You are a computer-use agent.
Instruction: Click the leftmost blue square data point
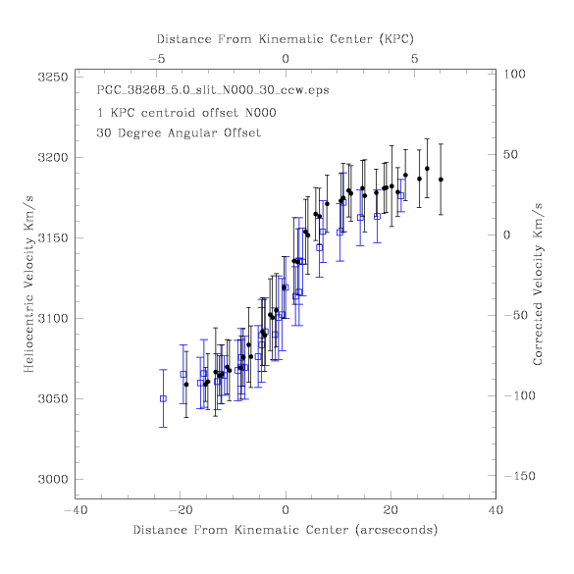tap(163, 398)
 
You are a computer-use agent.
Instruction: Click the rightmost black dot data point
tap(441, 180)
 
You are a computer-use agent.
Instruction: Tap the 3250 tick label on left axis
tap(53, 78)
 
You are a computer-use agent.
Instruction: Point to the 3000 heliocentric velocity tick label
tap(53, 479)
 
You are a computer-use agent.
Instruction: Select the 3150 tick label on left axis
tap(53, 238)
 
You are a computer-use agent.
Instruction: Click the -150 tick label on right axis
tap(520, 476)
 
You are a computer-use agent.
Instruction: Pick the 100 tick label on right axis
tap(515, 74)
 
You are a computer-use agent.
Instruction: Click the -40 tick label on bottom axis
tap(77, 510)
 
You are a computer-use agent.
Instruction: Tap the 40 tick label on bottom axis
tap(496, 510)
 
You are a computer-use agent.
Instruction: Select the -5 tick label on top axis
tap(157, 59)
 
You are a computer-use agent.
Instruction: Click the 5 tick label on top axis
tap(414, 59)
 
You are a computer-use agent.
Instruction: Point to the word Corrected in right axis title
tap(538, 333)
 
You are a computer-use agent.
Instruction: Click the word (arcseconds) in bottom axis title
tap(396, 530)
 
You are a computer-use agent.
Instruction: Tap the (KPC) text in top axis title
tap(396, 39)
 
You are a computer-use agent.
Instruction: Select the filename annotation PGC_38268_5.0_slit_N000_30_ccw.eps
tap(213, 90)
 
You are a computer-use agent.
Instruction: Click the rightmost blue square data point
tap(401, 196)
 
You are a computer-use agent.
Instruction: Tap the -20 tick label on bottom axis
tap(181, 510)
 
